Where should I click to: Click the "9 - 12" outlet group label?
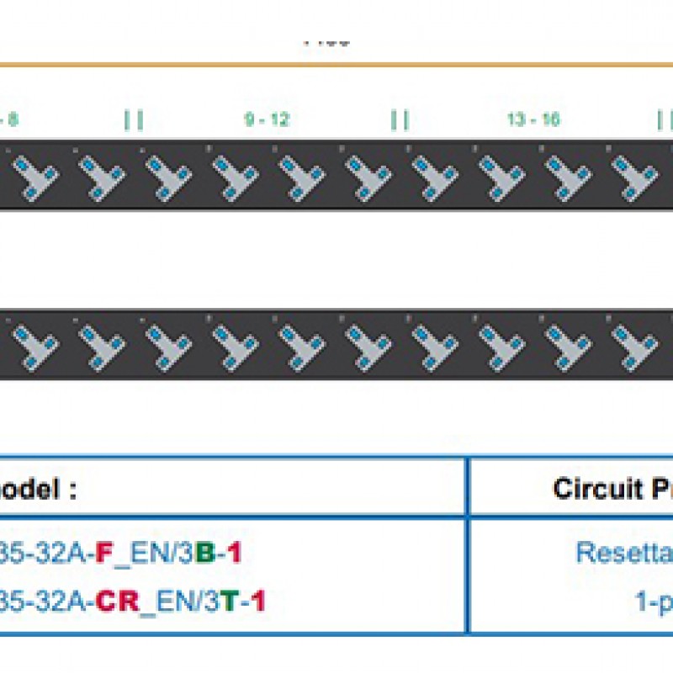tap(267, 120)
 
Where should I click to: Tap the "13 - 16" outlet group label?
tap(533, 120)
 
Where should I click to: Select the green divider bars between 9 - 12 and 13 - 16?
tap(400, 120)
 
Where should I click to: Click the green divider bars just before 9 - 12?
tap(134, 120)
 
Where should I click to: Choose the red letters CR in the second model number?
tap(116, 601)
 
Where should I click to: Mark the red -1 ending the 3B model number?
tap(230, 553)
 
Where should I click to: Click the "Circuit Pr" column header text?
tap(612, 489)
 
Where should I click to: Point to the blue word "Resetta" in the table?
tap(623, 553)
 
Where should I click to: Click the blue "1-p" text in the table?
tap(654, 601)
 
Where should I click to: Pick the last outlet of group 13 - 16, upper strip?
tap(627, 175)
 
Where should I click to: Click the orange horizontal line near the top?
tap(336, 64)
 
